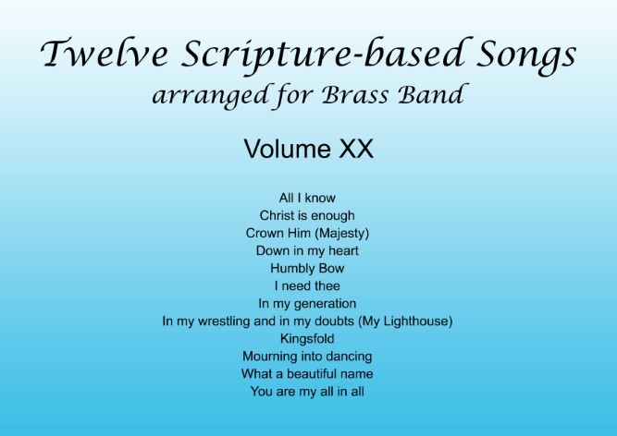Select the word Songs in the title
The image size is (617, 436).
(x=526, y=55)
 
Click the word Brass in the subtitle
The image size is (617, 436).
(x=355, y=94)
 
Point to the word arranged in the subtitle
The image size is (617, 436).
(x=211, y=97)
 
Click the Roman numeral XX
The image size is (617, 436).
(x=356, y=149)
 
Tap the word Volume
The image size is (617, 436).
(x=288, y=149)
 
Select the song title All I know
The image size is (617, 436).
(x=307, y=198)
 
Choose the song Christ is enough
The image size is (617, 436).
(x=307, y=215)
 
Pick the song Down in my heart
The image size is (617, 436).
(x=307, y=250)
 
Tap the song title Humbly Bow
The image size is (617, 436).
(x=307, y=268)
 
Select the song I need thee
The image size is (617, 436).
(x=307, y=285)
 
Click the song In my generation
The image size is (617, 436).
(x=307, y=304)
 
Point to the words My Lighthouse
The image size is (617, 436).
(x=406, y=321)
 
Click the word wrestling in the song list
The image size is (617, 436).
(x=224, y=321)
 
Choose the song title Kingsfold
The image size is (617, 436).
(x=307, y=339)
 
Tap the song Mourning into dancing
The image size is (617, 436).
(x=307, y=357)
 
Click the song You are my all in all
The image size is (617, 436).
(x=307, y=392)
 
